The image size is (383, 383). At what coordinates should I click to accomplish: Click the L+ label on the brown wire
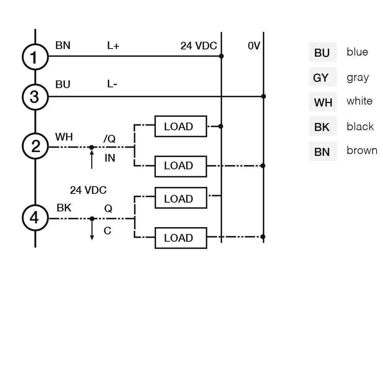click(x=113, y=46)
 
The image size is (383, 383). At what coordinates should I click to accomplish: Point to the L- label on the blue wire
click(x=112, y=84)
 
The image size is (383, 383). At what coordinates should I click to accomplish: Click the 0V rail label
click(x=254, y=46)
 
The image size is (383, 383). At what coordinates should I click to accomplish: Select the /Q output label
click(x=110, y=139)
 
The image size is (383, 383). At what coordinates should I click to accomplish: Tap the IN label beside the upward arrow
click(x=110, y=158)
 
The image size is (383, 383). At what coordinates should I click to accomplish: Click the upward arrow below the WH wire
click(x=92, y=159)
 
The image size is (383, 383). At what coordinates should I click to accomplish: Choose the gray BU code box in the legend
click(x=322, y=52)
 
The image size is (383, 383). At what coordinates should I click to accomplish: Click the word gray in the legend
click(x=358, y=78)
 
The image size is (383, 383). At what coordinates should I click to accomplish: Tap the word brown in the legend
click(x=362, y=150)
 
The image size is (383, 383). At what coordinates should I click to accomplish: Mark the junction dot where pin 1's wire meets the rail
click(x=221, y=56)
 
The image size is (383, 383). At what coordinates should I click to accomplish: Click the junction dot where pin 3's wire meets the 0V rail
click(x=264, y=97)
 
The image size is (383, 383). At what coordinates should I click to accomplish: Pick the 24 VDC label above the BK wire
click(x=88, y=190)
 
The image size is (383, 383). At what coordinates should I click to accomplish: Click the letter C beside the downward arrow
click(x=107, y=231)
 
